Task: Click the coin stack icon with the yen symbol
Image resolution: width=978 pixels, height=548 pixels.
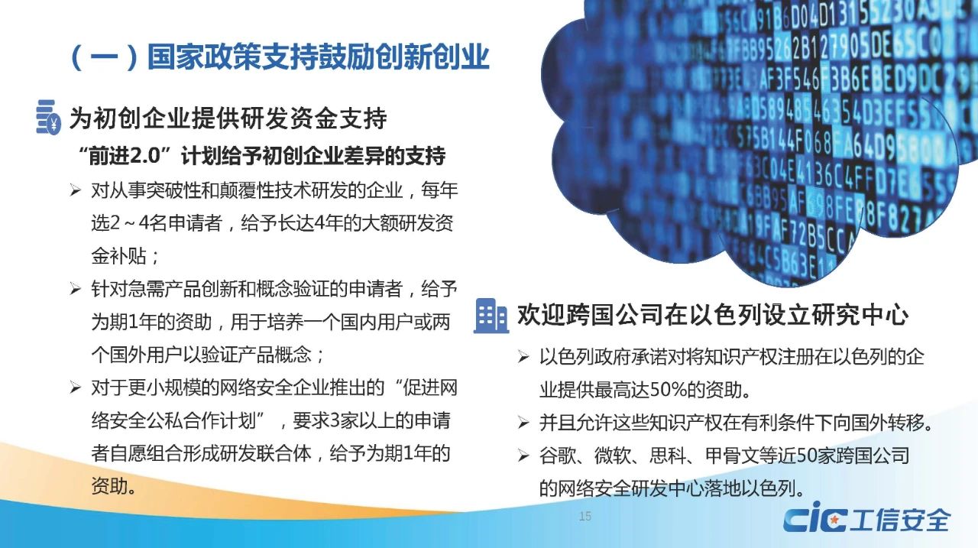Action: (x=48, y=117)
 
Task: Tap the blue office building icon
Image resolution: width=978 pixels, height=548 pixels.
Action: (x=491, y=316)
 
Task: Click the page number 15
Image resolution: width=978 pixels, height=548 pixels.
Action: (x=585, y=516)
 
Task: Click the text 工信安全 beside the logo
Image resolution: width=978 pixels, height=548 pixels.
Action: (x=900, y=520)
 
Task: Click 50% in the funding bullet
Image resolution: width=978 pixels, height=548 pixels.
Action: (x=668, y=390)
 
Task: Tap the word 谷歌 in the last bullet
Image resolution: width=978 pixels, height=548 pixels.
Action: (x=558, y=456)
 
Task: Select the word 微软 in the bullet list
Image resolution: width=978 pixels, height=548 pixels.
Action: (x=613, y=456)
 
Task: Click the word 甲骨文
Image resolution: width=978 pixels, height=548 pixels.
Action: (x=733, y=456)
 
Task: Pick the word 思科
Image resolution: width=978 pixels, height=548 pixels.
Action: (x=668, y=456)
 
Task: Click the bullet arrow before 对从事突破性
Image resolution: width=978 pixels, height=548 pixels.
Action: (x=75, y=190)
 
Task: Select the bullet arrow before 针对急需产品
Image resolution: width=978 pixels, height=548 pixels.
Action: (x=75, y=289)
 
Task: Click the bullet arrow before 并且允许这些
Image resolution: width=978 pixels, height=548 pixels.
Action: (x=523, y=423)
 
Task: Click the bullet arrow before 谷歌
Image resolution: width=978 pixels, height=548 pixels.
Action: (x=523, y=456)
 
